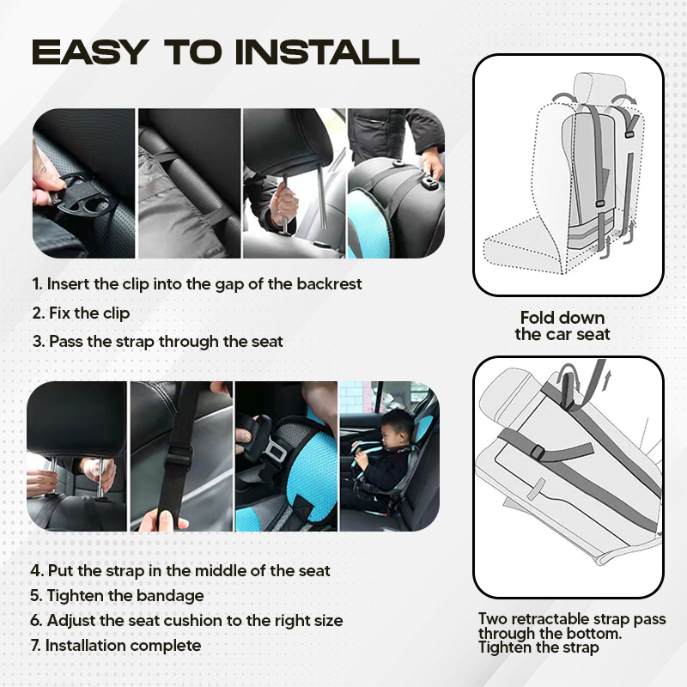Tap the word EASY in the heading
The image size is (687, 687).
pyautogui.click(x=88, y=52)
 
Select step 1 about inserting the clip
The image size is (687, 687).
pyautogui.click(x=198, y=283)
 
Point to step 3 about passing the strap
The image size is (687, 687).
pyautogui.click(x=157, y=341)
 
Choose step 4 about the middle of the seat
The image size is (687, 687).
pyautogui.click(x=180, y=570)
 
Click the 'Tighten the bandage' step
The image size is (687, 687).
pyautogui.click(x=118, y=595)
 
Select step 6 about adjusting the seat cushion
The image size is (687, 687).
pyautogui.click(x=186, y=620)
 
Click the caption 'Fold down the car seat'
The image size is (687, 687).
pyautogui.click(x=562, y=325)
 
